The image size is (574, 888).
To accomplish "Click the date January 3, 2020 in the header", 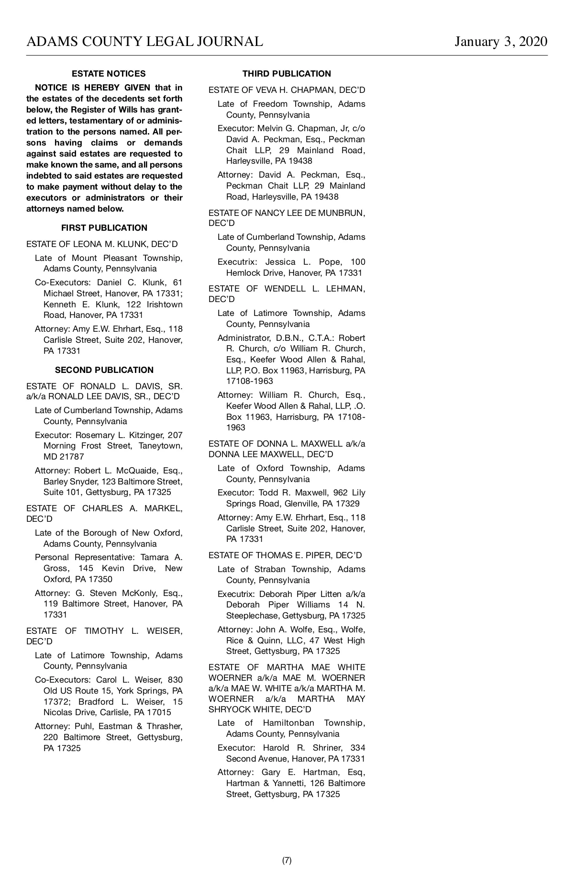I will [x=501, y=42].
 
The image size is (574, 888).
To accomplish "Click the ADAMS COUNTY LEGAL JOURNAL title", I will [x=144, y=42].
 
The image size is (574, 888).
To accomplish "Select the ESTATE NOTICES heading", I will [x=109, y=74].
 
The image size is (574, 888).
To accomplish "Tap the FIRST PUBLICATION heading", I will [x=104, y=228].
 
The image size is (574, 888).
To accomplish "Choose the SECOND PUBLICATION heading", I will [x=104, y=370].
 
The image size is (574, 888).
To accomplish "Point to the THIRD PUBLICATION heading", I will [x=287, y=74].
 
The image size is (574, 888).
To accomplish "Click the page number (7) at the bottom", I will [x=287, y=860].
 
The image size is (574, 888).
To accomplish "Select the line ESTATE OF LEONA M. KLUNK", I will [x=102, y=244].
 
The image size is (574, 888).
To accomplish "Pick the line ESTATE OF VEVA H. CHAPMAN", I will [x=287, y=90].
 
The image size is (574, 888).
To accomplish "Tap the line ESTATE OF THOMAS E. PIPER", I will [x=285, y=555].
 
